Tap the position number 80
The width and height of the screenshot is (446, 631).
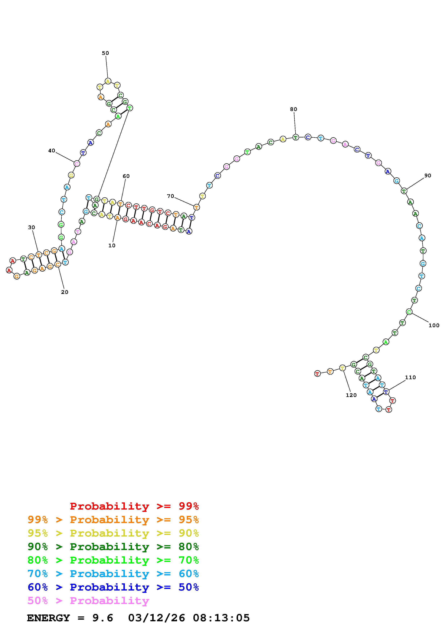coord(293,109)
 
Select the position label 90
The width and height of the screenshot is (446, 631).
coord(428,176)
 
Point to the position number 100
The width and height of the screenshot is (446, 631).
coord(434,325)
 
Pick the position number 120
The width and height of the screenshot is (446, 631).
coord(351,395)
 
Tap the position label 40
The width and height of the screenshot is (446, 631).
coord(52,151)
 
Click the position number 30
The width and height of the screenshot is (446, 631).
coord(32,227)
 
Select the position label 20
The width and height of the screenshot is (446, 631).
coord(65,292)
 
